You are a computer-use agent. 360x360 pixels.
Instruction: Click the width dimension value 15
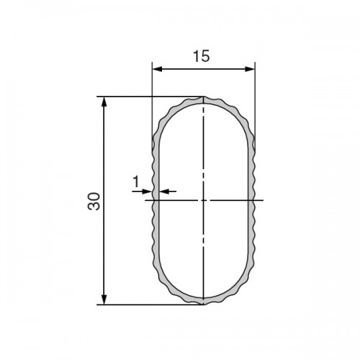(x=202, y=56)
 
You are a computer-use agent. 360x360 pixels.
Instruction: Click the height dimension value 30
(x=94, y=202)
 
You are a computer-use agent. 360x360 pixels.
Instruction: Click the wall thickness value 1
(x=136, y=181)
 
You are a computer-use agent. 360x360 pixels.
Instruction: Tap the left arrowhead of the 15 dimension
(x=157, y=69)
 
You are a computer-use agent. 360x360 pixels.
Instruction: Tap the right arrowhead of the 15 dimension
(x=250, y=69)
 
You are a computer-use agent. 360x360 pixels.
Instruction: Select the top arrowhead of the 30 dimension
(x=104, y=102)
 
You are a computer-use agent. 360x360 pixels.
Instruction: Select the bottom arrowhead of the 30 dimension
(x=104, y=300)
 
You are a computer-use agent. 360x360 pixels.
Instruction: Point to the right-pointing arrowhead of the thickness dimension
(x=148, y=192)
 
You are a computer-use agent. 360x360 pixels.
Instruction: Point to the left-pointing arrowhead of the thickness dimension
(x=164, y=192)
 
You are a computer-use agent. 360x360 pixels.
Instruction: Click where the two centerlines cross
(x=204, y=200)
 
